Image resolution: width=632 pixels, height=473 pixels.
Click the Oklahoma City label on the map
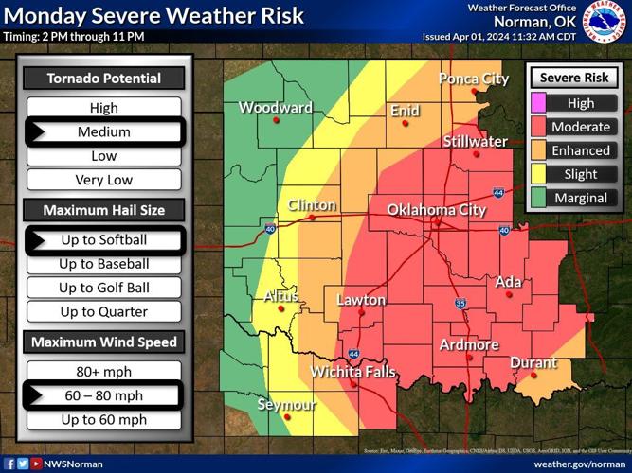click(436, 210)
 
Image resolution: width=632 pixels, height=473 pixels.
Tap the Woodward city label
click(275, 108)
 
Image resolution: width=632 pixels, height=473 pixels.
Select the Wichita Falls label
click(353, 372)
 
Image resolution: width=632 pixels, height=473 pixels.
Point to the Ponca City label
click(473, 79)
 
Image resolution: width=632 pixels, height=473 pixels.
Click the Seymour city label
click(286, 405)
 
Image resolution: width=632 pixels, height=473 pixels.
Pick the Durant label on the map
click(533, 362)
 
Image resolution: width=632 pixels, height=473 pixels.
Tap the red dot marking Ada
click(509, 295)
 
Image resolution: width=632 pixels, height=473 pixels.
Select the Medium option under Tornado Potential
click(104, 132)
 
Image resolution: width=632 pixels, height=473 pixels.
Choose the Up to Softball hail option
click(104, 240)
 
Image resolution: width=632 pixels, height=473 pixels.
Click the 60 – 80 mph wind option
click(104, 395)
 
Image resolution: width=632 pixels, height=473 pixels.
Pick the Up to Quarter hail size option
click(104, 311)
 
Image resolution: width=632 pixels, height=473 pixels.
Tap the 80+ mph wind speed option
click(104, 372)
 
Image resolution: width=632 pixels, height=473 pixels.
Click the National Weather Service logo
click(604, 21)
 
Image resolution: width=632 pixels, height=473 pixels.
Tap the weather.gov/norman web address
click(579, 464)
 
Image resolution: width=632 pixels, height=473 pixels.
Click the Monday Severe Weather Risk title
click(153, 15)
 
